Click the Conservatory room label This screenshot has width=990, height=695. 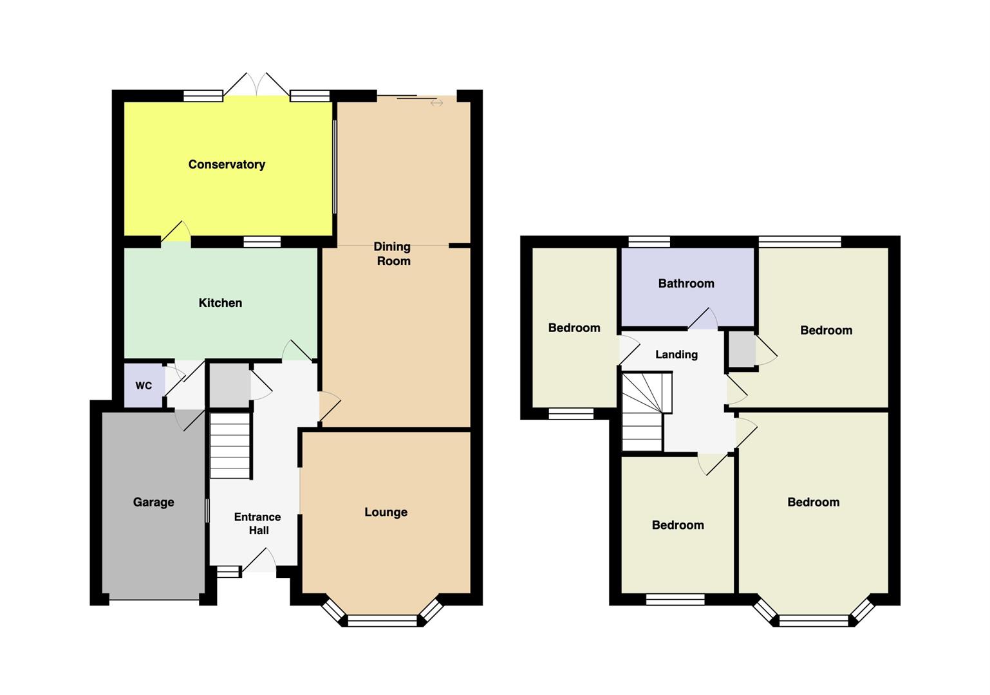[227, 164]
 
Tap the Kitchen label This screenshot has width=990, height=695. [220, 302]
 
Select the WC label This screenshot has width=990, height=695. [144, 385]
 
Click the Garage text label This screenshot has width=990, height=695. [153, 502]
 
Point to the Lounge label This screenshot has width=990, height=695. [386, 512]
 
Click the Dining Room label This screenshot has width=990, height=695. [393, 254]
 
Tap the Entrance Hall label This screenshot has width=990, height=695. [257, 524]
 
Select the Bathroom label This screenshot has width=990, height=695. [686, 283]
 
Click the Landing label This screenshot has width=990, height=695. [677, 355]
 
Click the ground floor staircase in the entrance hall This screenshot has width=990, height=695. [230, 445]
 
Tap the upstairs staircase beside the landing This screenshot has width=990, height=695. [646, 412]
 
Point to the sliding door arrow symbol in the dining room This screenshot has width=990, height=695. [436, 103]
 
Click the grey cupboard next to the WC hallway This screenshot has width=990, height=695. [229, 385]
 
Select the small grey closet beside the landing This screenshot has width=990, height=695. [742, 349]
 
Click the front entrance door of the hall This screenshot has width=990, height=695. [259, 561]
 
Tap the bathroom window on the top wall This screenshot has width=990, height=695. [649, 242]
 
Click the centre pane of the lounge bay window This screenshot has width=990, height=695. [382, 620]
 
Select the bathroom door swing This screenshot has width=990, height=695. [703, 319]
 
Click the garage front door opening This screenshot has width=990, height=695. [154, 600]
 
